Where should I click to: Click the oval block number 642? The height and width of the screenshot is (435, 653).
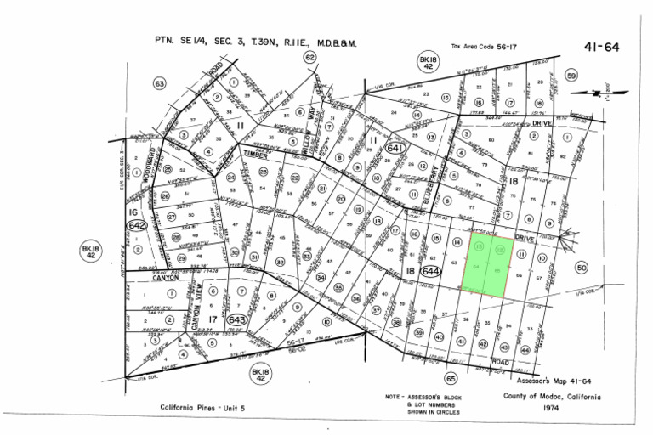(x=137, y=225)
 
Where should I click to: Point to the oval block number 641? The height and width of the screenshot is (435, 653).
(x=395, y=148)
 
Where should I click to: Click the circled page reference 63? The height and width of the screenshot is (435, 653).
(x=159, y=83)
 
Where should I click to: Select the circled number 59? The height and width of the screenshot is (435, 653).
(x=571, y=76)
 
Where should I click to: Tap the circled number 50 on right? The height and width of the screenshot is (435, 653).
(x=582, y=268)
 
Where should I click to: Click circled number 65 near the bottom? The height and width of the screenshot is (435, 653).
(x=451, y=378)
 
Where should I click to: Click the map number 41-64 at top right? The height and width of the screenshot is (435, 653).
(x=601, y=48)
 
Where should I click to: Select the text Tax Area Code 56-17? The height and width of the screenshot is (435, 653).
(x=483, y=47)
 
